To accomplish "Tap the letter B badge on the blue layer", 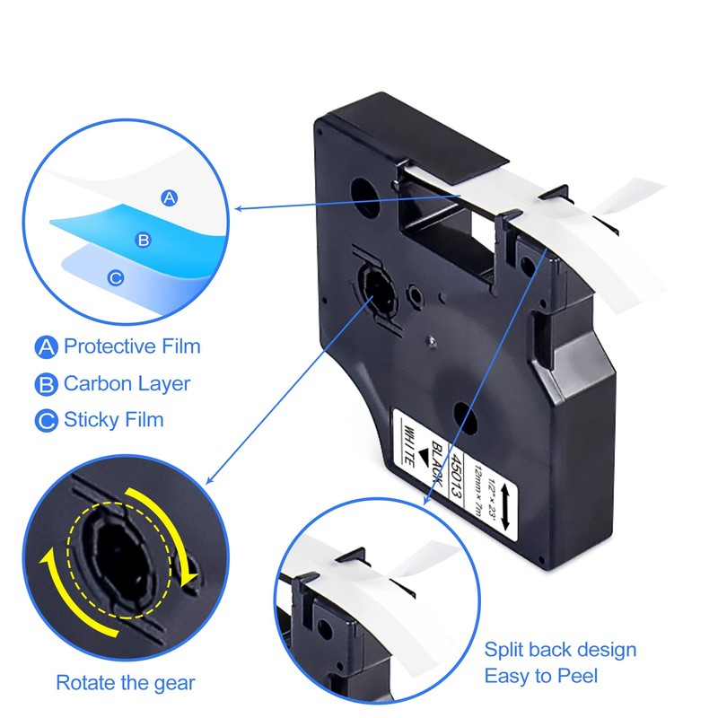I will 142,240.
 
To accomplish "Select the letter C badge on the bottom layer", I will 116,278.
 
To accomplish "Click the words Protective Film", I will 132,346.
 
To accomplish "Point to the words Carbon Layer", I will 127,384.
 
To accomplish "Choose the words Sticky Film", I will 113,420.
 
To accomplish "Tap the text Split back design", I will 560,650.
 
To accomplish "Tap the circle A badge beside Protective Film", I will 46,346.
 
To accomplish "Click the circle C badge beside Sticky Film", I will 46,420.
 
